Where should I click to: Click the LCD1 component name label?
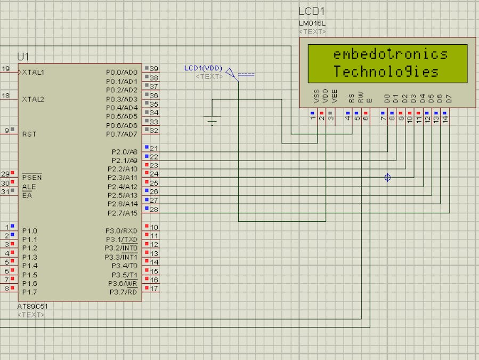(x=312, y=11)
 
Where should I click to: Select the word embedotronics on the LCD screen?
(x=390, y=54)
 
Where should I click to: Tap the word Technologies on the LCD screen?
(x=386, y=71)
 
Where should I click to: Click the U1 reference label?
(x=23, y=57)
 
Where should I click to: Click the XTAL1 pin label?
(x=33, y=72)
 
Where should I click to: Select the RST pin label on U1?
(x=29, y=134)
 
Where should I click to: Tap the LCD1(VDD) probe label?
(x=203, y=68)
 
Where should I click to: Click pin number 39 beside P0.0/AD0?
(x=154, y=69)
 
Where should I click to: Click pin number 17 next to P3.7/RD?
(x=154, y=289)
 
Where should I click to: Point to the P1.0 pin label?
(x=30, y=231)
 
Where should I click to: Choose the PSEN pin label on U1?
(x=31, y=177)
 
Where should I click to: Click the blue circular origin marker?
(x=388, y=178)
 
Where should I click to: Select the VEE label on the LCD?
(x=335, y=97)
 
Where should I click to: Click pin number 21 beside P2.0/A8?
(x=154, y=148)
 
